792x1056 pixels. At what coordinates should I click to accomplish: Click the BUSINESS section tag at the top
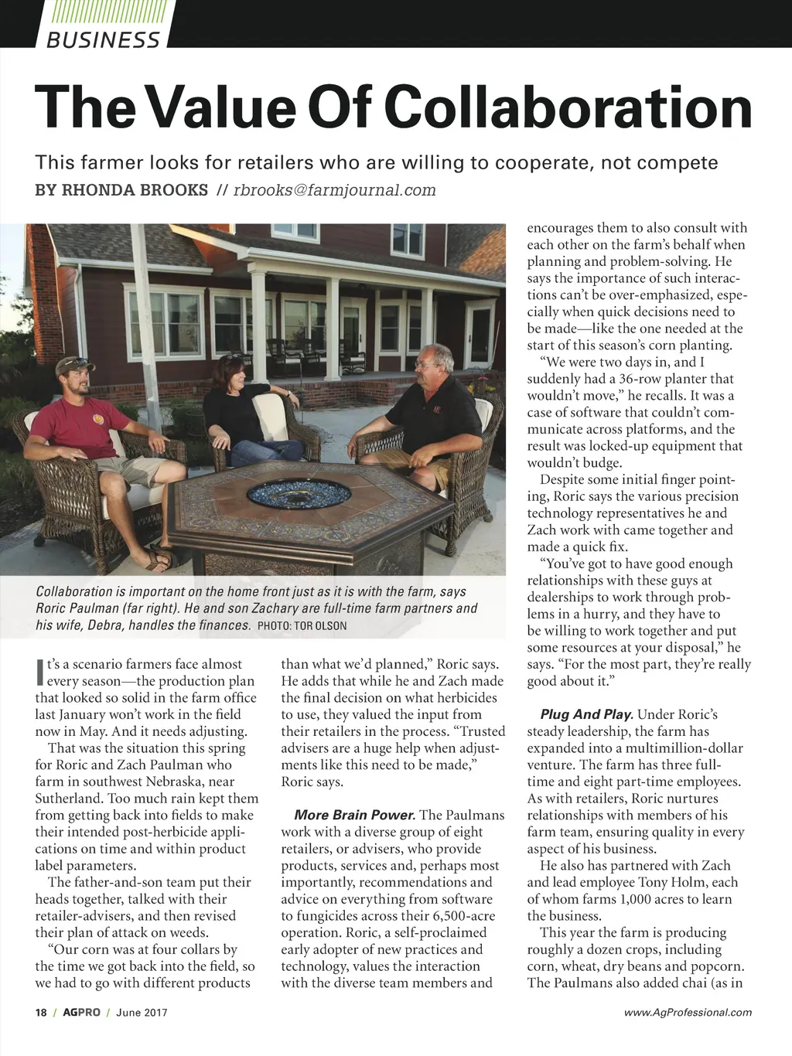point(103,39)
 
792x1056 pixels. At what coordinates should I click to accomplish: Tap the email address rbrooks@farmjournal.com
point(335,190)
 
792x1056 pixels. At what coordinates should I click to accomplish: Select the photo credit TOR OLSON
point(319,626)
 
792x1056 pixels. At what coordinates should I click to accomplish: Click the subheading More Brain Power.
point(355,816)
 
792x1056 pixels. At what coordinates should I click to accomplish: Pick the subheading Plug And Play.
point(587,715)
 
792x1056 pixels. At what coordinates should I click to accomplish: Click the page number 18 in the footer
point(41,1013)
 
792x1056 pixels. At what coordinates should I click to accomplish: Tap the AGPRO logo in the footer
point(81,1013)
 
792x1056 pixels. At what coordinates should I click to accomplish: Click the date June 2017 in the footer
point(142,1013)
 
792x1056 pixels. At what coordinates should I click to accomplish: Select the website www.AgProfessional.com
point(688,1013)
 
